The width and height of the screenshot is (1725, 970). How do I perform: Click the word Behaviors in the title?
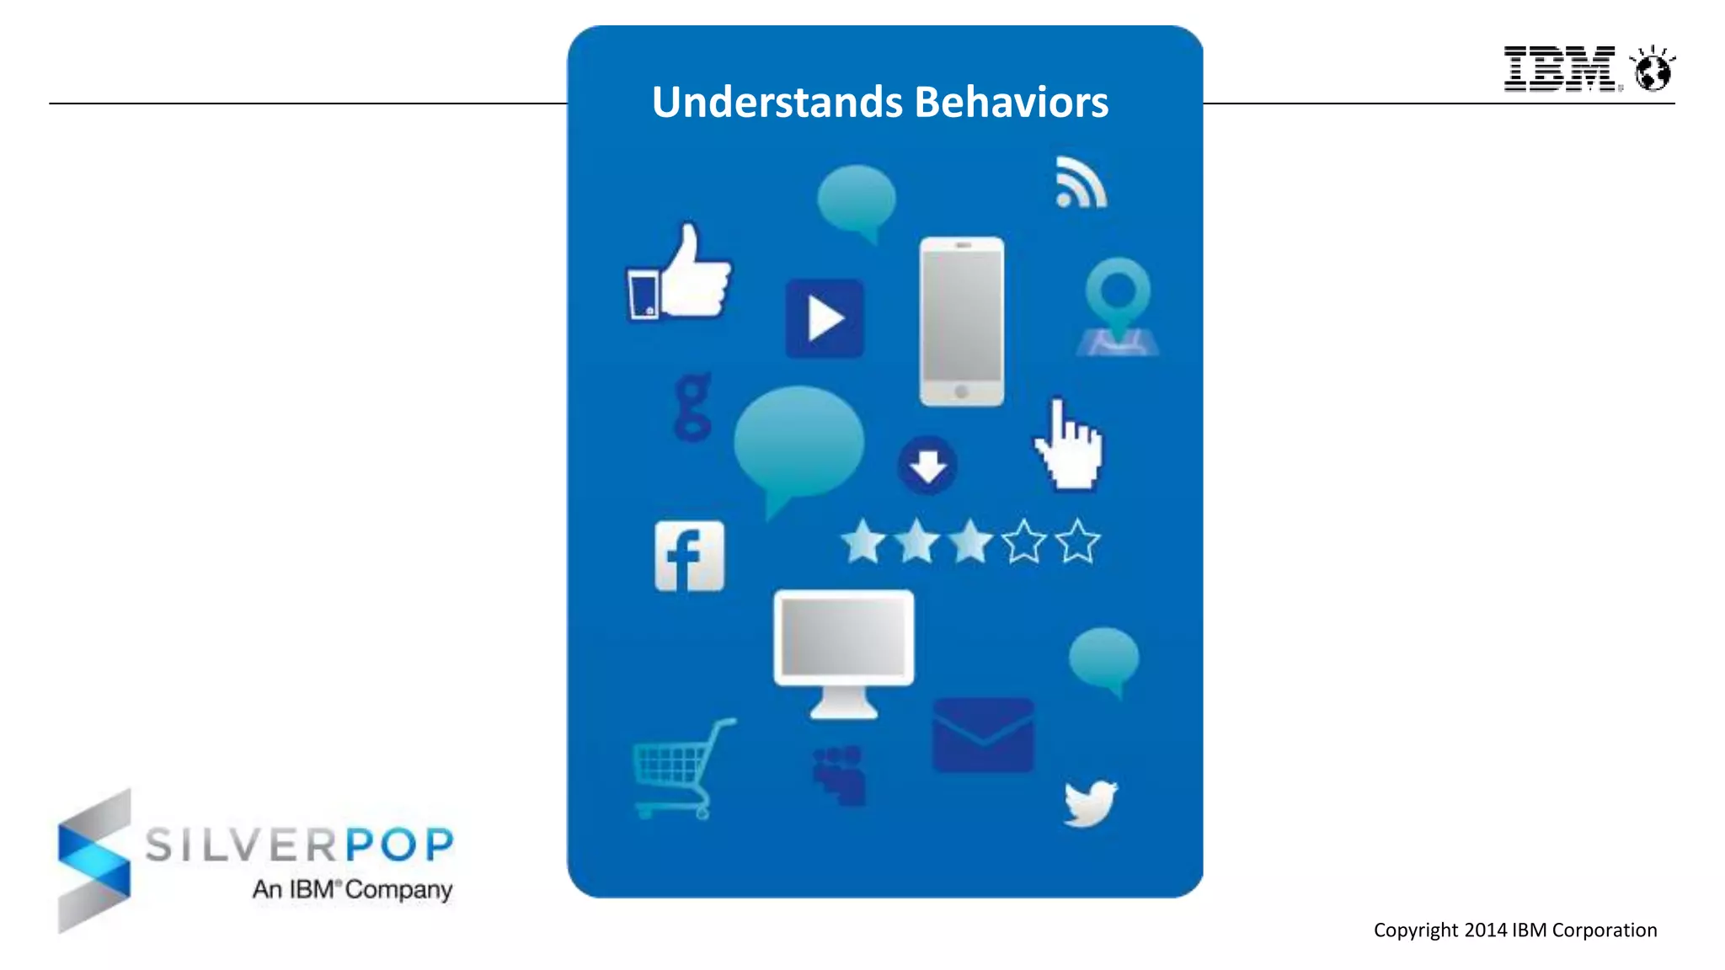pos(1011,102)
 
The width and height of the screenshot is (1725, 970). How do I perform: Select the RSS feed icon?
pos(1081,183)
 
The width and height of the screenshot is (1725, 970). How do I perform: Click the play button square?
pos(825,319)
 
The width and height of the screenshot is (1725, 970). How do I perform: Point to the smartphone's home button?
pos(961,392)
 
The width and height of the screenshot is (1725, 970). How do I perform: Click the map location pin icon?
pos(1118,303)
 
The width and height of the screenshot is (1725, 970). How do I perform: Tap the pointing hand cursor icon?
pos(1069,446)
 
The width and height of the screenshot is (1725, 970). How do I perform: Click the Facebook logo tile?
pos(689,556)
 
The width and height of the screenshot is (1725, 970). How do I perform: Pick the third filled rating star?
pos(970,541)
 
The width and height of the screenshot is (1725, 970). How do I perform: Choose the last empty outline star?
pos(1077,541)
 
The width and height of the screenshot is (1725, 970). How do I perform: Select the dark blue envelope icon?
pos(983,735)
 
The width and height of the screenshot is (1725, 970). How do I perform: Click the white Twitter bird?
pos(1090,802)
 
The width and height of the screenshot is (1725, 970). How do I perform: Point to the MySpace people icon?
pos(839,775)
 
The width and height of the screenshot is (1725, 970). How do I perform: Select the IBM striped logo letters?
pos(1559,69)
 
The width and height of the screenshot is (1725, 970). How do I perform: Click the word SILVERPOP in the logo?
pos(299,845)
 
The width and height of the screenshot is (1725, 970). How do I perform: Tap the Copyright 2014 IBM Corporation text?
pos(1514,930)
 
